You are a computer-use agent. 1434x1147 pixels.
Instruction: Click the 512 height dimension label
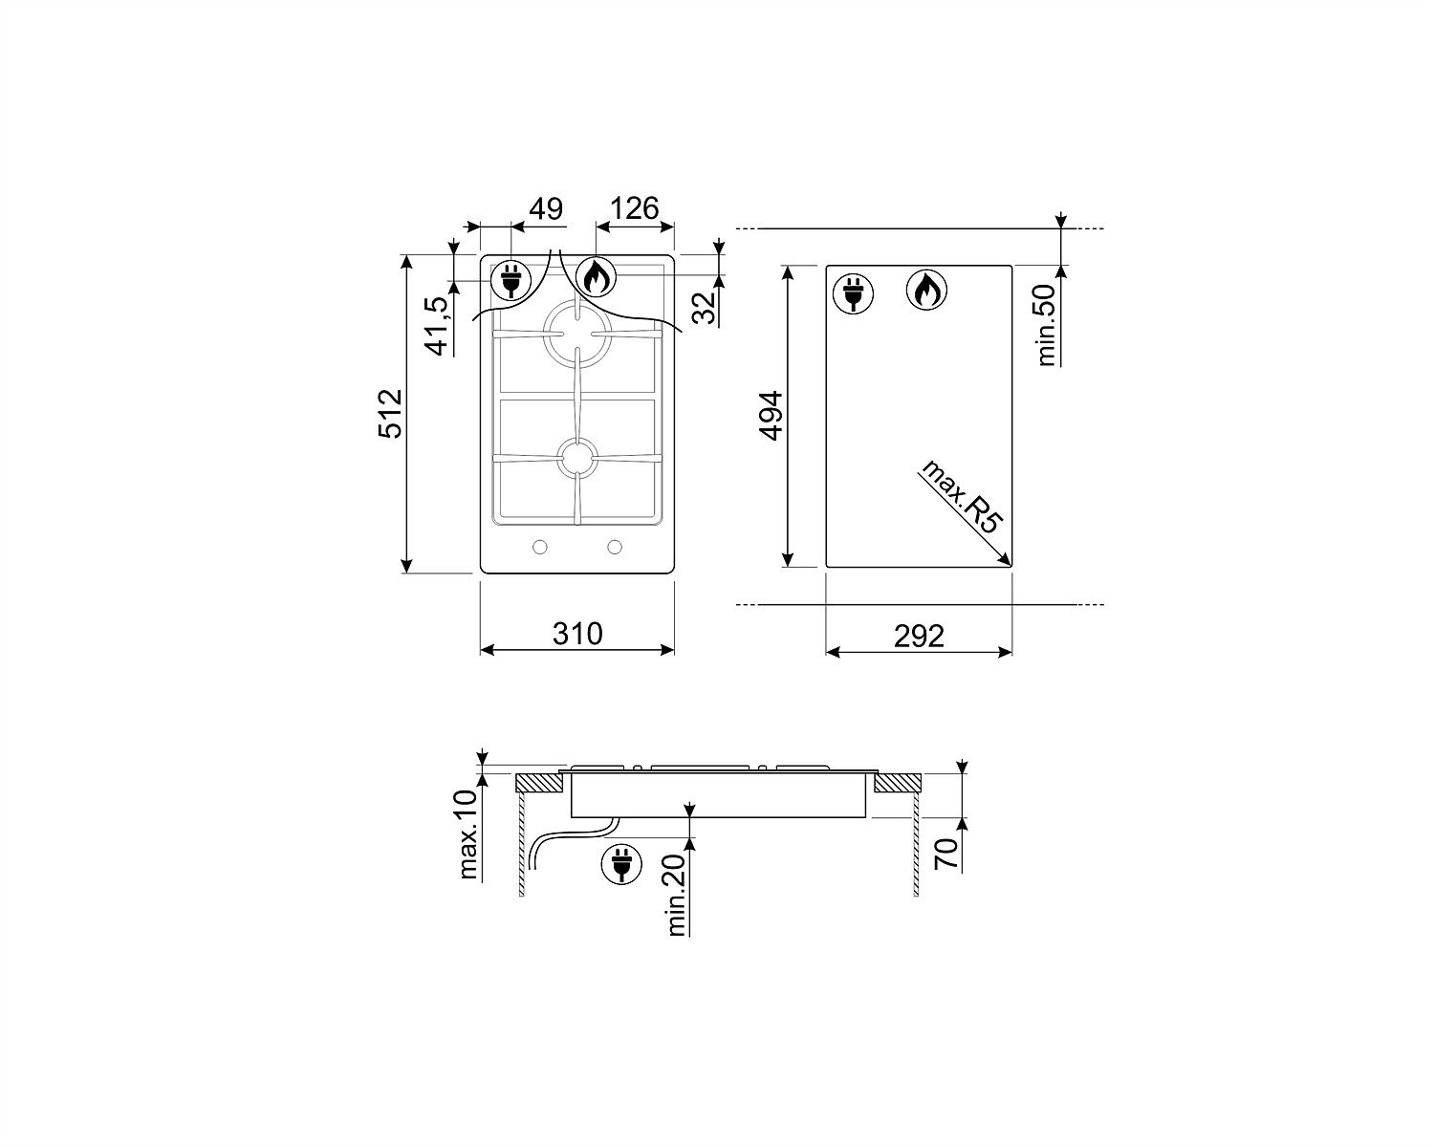(x=391, y=413)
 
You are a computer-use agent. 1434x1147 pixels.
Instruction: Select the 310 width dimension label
(x=577, y=633)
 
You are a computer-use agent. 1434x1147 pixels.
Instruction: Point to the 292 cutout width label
(x=919, y=636)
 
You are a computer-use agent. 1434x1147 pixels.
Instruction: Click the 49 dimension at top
(x=546, y=208)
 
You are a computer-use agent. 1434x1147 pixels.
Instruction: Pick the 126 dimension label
(x=635, y=208)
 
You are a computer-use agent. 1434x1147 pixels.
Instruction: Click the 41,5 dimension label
(x=438, y=326)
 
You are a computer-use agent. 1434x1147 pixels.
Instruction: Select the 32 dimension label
(x=704, y=307)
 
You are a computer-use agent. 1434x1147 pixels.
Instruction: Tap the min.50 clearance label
(x=1047, y=325)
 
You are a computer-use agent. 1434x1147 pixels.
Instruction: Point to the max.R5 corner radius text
(x=961, y=496)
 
